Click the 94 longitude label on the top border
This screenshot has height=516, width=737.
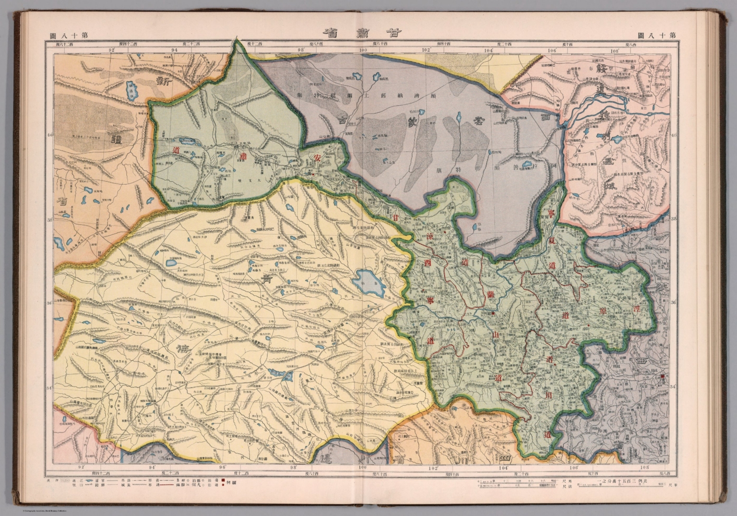(x=174, y=49)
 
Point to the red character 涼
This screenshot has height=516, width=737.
(x=430, y=237)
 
